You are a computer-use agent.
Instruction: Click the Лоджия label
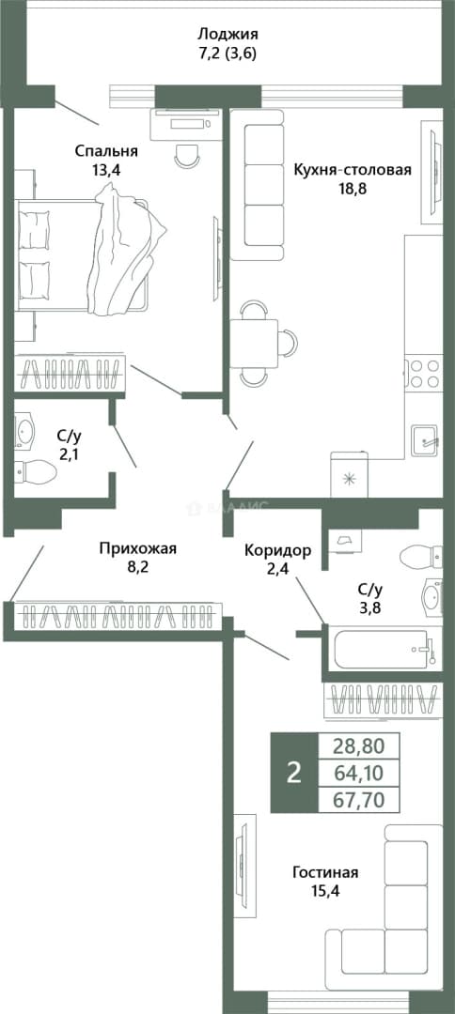point(227,34)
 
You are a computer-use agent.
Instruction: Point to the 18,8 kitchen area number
point(353,189)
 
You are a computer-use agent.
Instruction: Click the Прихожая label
point(137,549)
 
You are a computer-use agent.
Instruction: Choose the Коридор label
point(278,550)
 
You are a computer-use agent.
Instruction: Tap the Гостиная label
point(325,872)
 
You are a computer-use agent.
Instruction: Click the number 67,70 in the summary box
point(358,801)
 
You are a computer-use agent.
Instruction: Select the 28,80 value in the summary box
point(358,746)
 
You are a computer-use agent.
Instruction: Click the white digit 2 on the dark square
point(294,773)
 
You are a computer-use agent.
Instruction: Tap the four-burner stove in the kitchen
point(423,373)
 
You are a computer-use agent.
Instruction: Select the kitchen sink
point(425,440)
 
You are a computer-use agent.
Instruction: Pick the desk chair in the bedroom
point(188,155)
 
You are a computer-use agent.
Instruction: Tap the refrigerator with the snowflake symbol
point(350,475)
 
